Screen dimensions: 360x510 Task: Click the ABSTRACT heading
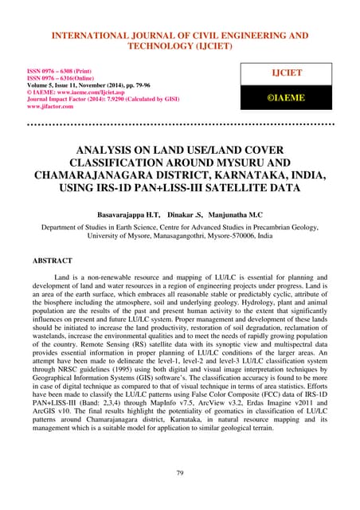(x=57, y=261)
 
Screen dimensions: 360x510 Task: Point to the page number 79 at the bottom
(x=180, y=473)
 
